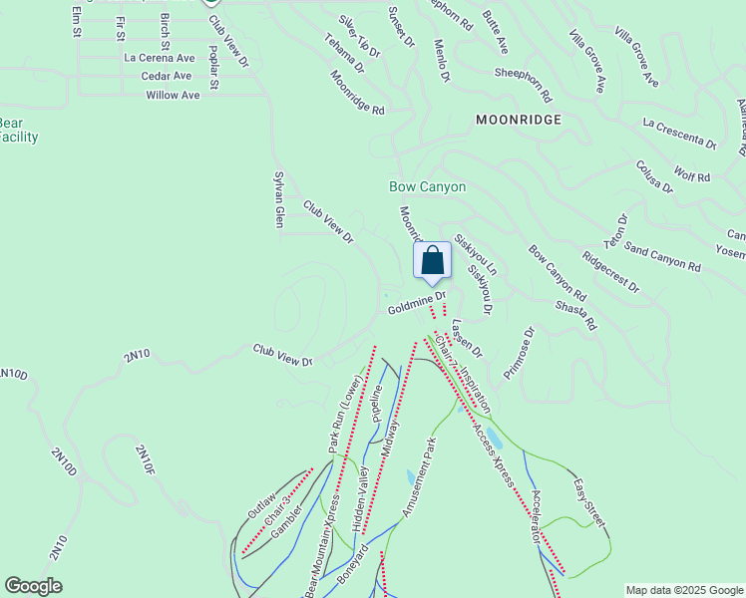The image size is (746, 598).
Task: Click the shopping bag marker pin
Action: pyautogui.click(x=433, y=262)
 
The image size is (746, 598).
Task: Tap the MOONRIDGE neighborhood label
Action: pyautogui.click(x=518, y=120)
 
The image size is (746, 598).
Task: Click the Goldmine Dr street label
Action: pyautogui.click(x=416, y=311)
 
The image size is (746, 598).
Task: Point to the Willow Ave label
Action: pyautogui.click(x=173, y=95)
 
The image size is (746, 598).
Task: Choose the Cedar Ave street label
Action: pyautogui.click(x=167, y=76)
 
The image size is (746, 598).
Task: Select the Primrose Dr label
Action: pyautogui.click(x=520, y=353)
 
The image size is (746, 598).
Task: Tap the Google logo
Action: pyautogui.click(x=33, y=586)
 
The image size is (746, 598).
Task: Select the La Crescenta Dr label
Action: pyautogui.click(x=680, y=134)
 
